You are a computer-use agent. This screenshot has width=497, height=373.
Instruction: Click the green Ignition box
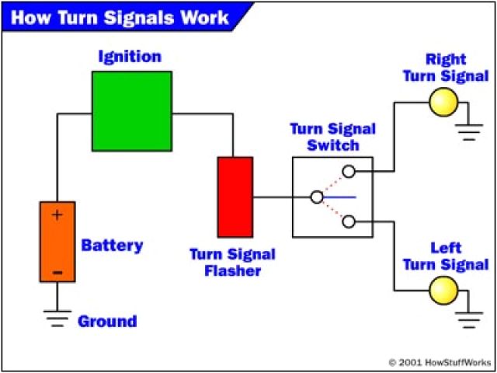tap(132, 111)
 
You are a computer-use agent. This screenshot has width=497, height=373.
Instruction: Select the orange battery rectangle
tap(57, 241)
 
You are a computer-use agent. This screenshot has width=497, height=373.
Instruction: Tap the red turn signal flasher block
tap(235, 197)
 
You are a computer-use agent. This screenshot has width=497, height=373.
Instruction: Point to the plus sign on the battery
tap(57, 214)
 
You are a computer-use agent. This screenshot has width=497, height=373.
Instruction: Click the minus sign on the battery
tap(57, 271)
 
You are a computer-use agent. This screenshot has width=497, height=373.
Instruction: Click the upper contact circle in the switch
tap(349, 171)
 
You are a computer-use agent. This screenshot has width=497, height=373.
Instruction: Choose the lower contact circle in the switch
tap(349, 222)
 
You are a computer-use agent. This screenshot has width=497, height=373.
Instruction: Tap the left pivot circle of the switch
tap(316, 197)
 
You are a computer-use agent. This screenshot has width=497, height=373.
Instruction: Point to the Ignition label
tap(130, 57)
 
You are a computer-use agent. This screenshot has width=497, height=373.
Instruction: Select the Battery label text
tap(112, 246)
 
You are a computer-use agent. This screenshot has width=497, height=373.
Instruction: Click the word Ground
tap(107, 321)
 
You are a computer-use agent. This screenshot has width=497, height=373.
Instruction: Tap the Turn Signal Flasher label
tap(233, 263)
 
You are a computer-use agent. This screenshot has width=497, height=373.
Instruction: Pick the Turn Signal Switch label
tap(332, 137)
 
